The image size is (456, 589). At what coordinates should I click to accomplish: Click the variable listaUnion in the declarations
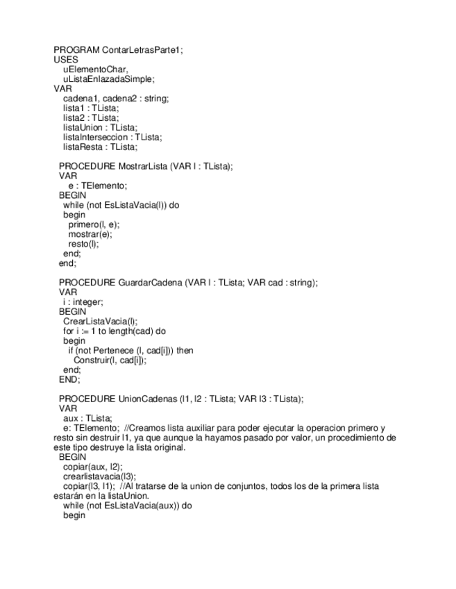[x=82, y=127]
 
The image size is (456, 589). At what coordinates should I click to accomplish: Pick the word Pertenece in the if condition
[x=117, y=351]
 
